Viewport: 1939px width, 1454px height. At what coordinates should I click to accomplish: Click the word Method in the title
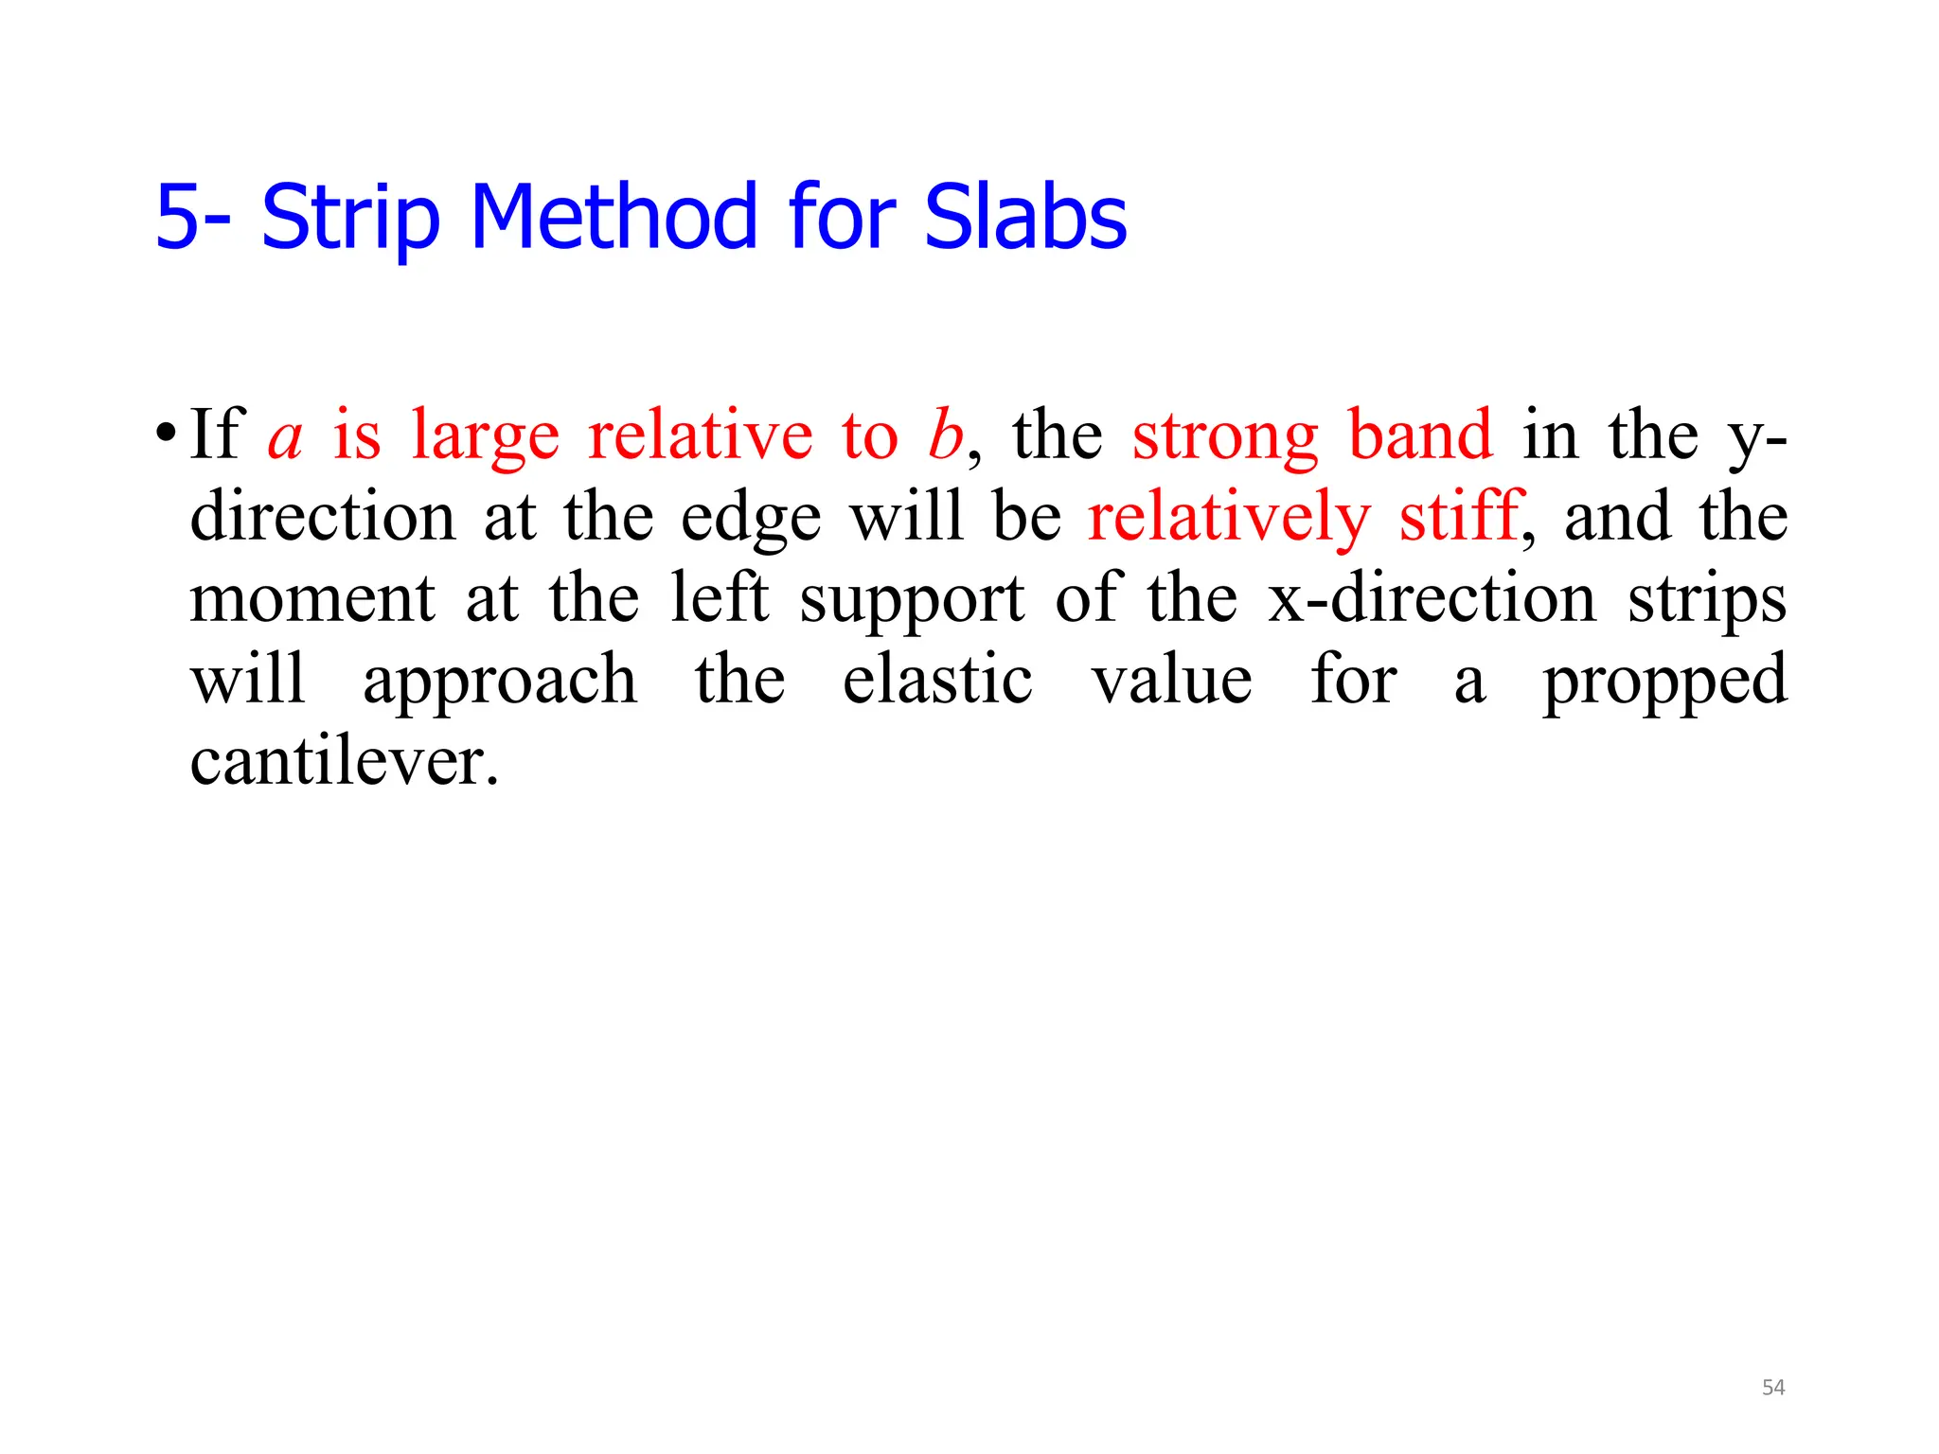click(613, 218)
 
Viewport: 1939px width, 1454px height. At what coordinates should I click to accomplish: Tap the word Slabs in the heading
click(1024, 218)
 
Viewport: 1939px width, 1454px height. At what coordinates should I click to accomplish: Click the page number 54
click(1772, 1388)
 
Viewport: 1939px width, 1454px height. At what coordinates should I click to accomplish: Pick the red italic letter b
click(945, 435)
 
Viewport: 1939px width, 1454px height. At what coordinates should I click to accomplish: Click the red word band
click(1420, 435)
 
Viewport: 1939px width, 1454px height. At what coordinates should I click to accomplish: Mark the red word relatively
click(1228, 519)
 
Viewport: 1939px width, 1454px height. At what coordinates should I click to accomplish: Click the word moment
click(312, 599)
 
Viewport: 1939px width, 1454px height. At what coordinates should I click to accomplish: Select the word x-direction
click(1432, 599)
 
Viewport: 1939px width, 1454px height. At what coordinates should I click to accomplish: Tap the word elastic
click(937, 681)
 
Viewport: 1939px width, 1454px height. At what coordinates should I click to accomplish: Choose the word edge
click(750, 519)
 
